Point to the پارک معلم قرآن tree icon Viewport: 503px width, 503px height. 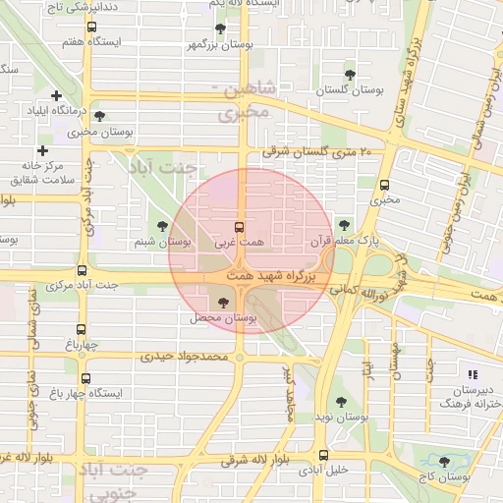342,224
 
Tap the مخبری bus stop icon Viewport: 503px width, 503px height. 383,184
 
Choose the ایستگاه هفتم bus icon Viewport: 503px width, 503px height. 92,28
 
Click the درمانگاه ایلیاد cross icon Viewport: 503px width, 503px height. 56,95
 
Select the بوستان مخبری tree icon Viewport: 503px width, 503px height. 99,115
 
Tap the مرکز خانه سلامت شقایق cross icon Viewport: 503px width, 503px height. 42,150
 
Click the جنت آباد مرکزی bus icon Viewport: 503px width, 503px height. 82,270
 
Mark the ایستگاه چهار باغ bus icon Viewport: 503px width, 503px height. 86,378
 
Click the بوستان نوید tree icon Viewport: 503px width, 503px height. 341,402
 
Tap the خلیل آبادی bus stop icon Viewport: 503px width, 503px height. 323,455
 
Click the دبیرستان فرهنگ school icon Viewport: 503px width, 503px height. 473,374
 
